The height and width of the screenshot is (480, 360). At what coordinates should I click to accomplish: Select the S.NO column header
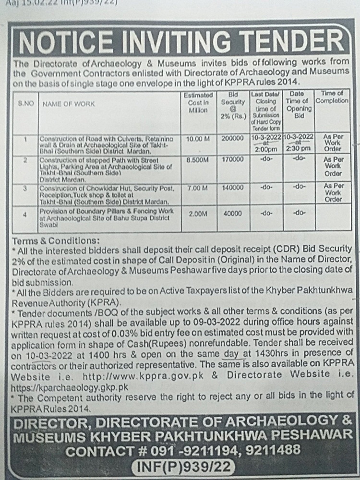(26, 103)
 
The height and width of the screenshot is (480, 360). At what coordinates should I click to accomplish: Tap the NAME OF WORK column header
(69, 103)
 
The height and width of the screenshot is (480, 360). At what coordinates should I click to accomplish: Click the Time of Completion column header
(332, 97)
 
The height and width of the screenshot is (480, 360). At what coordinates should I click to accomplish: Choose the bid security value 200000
(233, 138)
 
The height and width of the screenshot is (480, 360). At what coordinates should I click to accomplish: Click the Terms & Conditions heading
(57, 240)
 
